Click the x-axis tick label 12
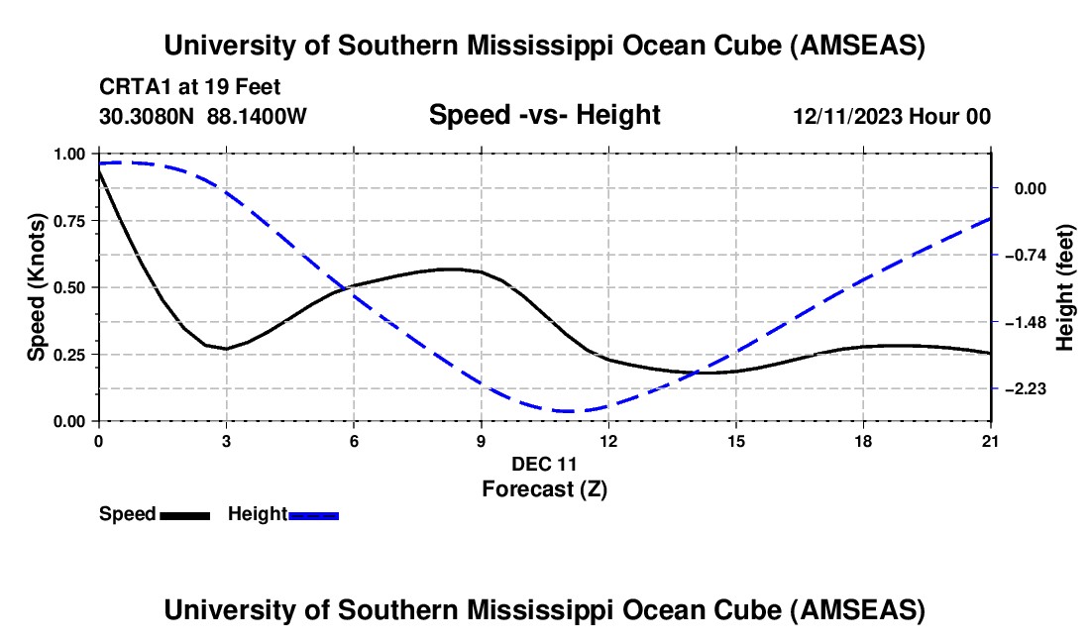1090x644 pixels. [608, 440]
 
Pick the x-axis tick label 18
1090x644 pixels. [864, 440]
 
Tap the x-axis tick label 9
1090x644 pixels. [482, 440]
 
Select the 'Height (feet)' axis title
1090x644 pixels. [1065, 287]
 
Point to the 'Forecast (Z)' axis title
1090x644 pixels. [544, 488]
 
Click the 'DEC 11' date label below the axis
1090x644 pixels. [544, 464]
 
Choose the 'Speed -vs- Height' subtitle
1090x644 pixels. [544, 115]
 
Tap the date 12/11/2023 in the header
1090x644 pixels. [848, 117]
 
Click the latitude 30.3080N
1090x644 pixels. [149, 117]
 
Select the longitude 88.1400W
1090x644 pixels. [258, 117]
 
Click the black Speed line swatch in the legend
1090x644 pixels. [184, 514]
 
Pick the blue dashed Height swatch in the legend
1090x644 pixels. [313, 514]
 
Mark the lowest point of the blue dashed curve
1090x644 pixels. [568, 410]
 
